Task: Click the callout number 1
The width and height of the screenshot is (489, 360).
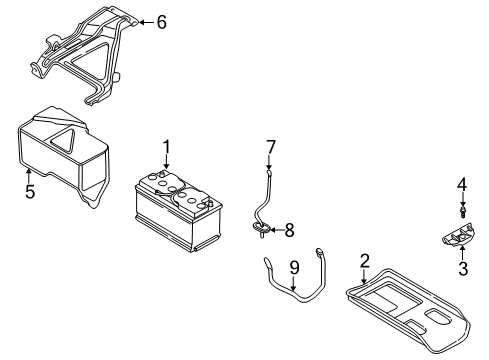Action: pos(167,148)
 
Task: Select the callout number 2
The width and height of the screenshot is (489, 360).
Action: pos(365,263)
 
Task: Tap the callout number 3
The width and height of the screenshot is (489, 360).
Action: pos(462,269)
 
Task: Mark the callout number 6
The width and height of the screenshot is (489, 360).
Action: pos(162,20)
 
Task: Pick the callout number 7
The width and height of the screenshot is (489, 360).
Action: pos(270,148)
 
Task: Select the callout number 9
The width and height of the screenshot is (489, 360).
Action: pos(294,268)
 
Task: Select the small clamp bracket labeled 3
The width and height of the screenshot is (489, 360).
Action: pos(458,237)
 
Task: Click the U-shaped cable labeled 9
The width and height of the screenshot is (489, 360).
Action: pos(295,295)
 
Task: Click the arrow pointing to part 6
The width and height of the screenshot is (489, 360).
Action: pos(144,20)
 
